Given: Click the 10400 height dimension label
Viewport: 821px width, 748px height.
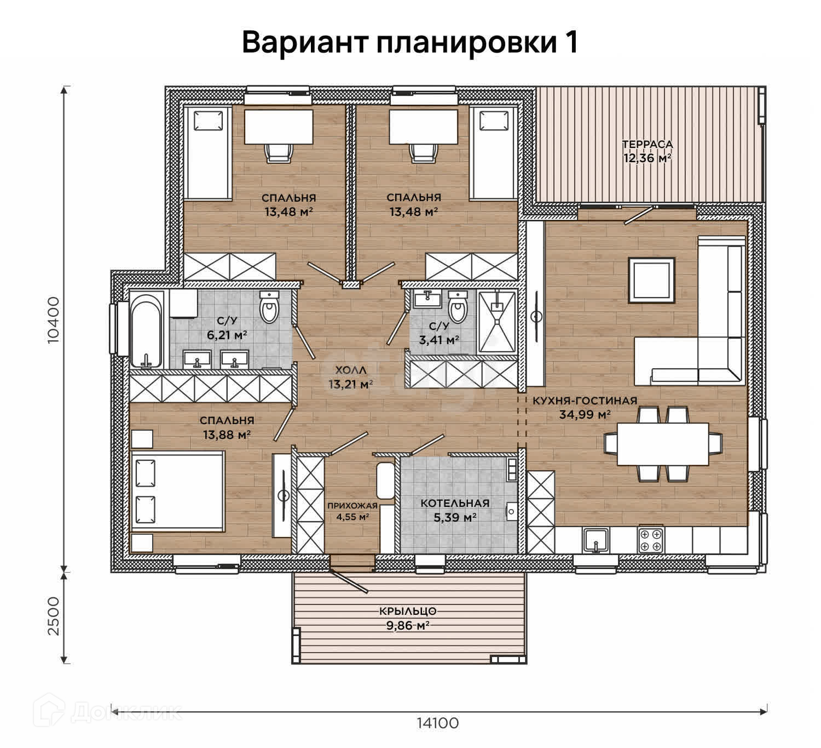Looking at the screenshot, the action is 53,320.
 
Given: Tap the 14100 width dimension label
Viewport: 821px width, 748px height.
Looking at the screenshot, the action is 437,723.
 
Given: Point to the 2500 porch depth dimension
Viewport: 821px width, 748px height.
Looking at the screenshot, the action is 53,616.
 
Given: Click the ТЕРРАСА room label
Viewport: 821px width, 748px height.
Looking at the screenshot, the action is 647,144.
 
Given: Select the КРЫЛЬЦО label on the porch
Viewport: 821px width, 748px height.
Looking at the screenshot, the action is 408,611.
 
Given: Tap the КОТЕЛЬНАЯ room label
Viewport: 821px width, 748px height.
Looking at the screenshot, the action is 455,503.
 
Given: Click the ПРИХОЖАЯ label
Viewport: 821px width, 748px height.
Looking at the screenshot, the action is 352,506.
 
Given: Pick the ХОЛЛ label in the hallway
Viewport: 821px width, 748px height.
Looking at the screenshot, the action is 351,370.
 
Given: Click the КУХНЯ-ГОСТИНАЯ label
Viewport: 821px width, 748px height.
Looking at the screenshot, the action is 585,401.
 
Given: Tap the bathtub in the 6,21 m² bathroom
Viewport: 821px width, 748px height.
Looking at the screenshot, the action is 147,329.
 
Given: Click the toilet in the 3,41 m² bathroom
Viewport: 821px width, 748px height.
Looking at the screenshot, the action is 458,307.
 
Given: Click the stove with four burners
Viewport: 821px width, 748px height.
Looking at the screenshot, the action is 651,540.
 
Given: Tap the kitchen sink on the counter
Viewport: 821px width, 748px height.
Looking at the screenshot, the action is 596,540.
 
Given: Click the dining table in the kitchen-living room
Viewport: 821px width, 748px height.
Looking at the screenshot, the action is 663,444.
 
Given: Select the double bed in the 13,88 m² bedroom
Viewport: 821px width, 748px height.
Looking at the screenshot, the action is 177,492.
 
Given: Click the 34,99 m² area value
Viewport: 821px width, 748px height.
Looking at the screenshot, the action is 585,414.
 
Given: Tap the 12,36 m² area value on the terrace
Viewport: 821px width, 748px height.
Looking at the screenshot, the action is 647,158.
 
